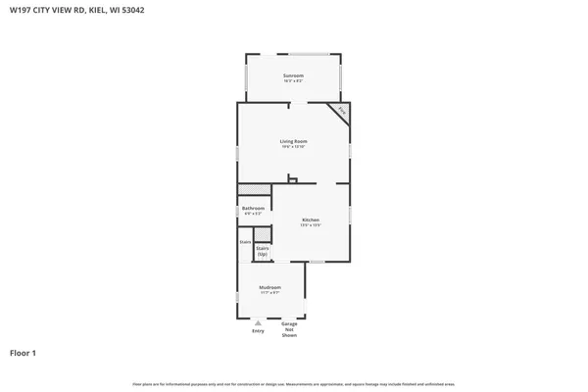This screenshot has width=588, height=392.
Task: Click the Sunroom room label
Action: click(293, 75)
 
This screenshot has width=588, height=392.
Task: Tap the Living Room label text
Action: click(293, 141)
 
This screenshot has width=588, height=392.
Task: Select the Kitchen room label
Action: click(311, 220)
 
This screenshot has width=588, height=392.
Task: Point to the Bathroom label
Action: click(253, 208)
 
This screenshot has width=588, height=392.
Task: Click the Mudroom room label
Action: click(270, 287)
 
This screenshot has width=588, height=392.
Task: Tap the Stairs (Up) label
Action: click(263, 251)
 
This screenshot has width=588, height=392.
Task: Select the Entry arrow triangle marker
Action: click(258, 321)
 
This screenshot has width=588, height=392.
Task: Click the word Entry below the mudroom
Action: click(258, 330)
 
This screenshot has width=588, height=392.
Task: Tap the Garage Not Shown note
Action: click(289, 329)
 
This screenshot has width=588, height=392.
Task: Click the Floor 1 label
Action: click(23, 353)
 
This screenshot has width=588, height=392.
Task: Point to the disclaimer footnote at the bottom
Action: click(293, 383)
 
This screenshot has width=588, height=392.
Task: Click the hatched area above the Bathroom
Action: click(255, 188)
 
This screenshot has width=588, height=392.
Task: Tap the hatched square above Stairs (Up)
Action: click(263, 233)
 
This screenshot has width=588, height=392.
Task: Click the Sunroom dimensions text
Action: click(293, 81)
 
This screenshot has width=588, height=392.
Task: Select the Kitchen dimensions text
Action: click(311, 225)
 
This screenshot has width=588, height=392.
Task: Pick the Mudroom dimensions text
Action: click(270, 293)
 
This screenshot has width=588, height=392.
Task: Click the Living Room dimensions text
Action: click(293, 147)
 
